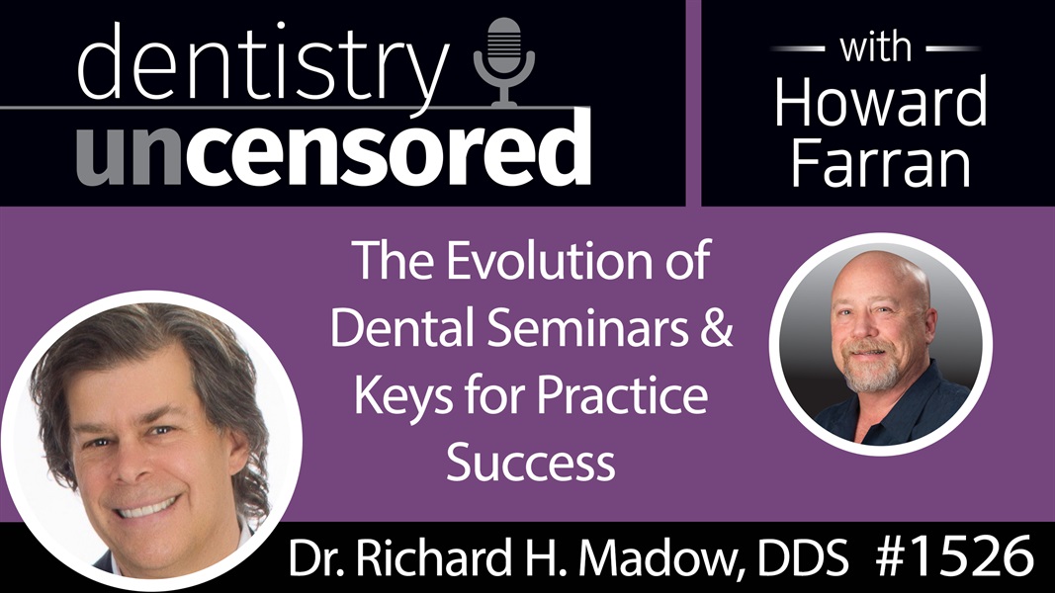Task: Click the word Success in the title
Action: [x=532, y=462]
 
